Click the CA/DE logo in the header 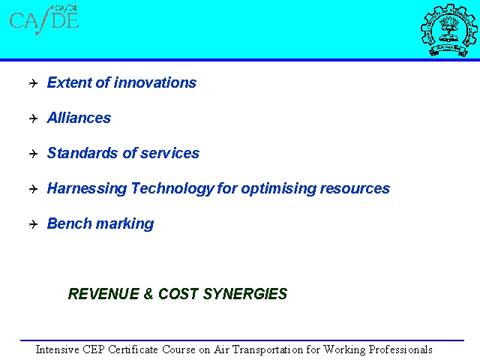tap(44, 19)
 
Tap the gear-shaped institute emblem tap(448, 30)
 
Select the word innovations tap(155, 82)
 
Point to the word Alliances tap(79, 118)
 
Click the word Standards tap(82, 153)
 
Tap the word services tap(170, 153)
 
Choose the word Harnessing tap(87, 188)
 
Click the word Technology tap(172, 188)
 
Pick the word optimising tap(278, 188)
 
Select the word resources tap(355, 188)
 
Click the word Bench tap(69, 223)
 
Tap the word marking tap(125, 223)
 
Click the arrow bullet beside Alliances tap(33, 118)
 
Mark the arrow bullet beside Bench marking tap(33, 224)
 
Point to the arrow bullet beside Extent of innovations tap(33, 83)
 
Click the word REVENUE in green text tap(103, 294)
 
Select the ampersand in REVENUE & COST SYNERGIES tap(148, 294)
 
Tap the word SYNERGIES tap(245, 294)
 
